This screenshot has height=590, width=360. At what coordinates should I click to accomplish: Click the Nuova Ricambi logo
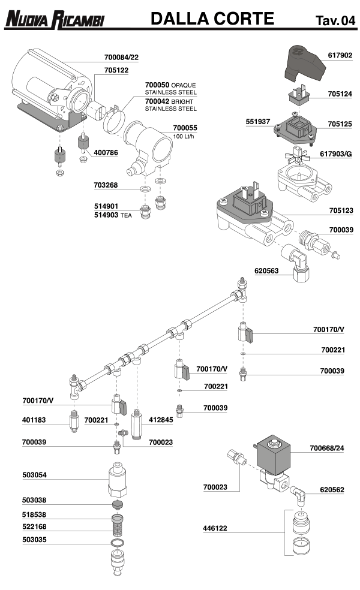55,21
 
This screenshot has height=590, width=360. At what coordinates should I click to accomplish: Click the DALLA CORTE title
212,19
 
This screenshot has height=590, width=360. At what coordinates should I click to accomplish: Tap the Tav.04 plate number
335,22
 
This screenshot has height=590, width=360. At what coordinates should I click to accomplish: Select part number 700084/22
121,58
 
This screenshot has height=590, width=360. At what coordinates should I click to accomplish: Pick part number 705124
340,94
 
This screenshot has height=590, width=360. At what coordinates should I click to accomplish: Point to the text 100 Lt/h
185,137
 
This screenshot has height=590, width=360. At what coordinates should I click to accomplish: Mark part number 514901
107,206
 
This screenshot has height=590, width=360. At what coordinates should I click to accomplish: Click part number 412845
161,420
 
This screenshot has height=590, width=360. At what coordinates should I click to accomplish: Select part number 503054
34,475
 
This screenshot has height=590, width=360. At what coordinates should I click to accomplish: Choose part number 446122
216,529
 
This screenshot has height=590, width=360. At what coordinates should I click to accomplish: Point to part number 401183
34,420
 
